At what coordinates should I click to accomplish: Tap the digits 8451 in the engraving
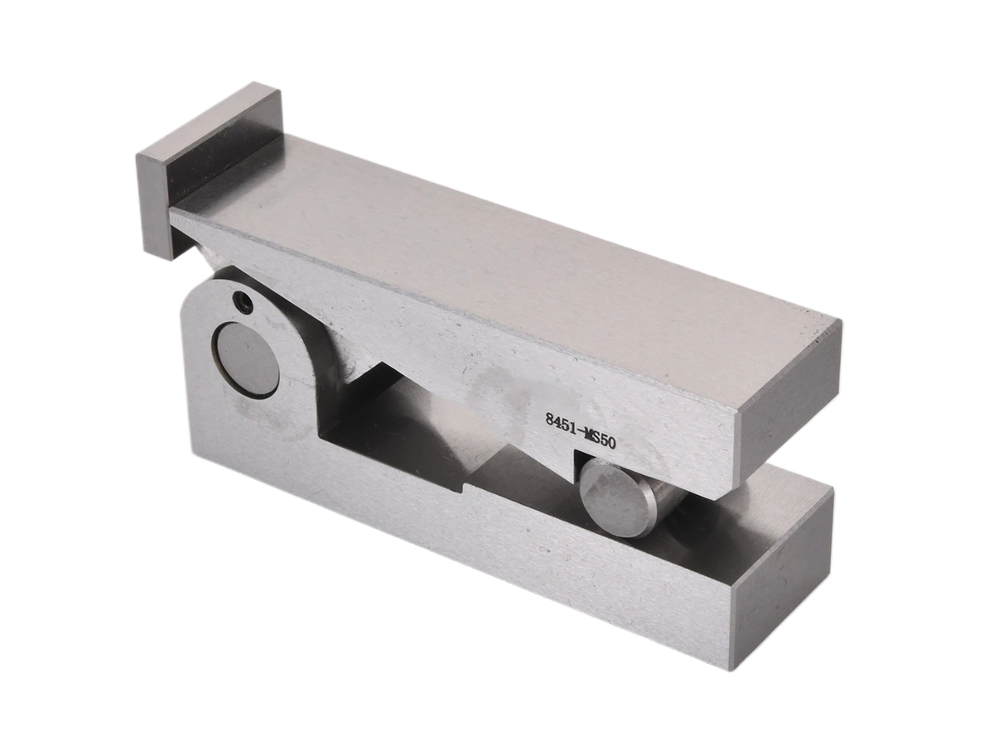click(x=560, y=423)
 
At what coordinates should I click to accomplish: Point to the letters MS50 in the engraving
click(x=600, y=439)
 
